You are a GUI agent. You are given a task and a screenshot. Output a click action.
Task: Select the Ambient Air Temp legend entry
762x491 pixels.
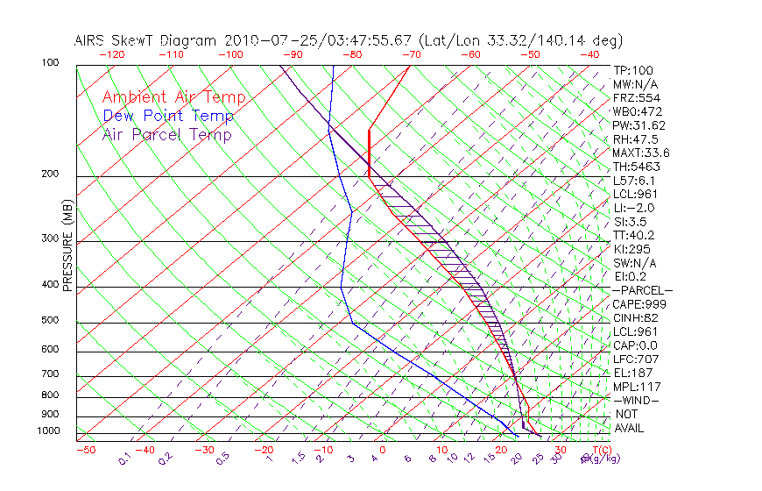[x=174, y=97]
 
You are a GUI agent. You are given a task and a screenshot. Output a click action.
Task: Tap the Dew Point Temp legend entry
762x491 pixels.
[x=168, y=116]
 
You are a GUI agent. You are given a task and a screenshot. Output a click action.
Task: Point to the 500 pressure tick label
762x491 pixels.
[x=50, y=322]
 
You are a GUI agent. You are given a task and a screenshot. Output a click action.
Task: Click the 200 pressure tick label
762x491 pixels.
[x=50, y=174]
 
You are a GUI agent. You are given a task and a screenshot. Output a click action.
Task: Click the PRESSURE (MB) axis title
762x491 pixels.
[x=67, y=247]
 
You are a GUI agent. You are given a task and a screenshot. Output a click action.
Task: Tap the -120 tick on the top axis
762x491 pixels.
[x=111, y=54]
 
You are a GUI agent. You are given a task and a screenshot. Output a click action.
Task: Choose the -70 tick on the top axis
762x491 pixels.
[x=410, y=54]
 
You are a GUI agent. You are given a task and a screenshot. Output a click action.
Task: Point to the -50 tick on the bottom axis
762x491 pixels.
[x=86, y=450]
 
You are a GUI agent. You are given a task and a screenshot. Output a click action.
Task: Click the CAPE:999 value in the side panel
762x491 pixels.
[x=639, y=303]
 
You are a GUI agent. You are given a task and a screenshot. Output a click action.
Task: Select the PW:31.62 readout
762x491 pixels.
[x=639, y=125]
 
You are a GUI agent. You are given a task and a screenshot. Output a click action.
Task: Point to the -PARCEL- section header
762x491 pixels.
[x=642, y=290]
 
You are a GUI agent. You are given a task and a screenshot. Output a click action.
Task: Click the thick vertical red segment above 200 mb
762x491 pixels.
[x=370, y=153]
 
